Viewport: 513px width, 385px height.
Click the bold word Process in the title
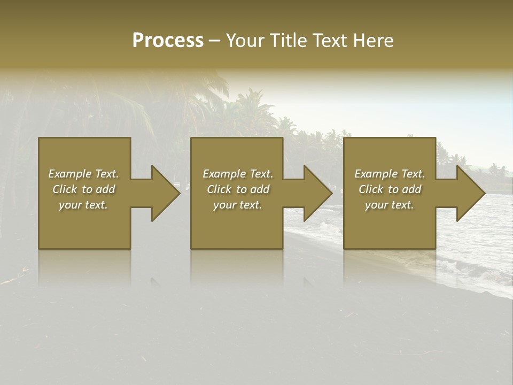tap(168, 41)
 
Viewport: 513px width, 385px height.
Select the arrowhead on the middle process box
tap(317, 193)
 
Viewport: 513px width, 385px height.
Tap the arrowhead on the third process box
tap(470, 193)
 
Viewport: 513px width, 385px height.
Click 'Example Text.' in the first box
tap(84, 174)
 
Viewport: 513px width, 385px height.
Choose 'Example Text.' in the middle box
tap(238, 174)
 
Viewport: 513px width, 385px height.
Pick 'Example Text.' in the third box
tap(390, 174)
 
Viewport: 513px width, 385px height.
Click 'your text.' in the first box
tap(84, 205)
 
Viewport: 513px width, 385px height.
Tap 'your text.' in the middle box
tap(238, 205)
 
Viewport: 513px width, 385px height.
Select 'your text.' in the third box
tap(390, 205)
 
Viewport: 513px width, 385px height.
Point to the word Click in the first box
tap(65, 189)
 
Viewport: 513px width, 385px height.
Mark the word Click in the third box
tap(371, 189)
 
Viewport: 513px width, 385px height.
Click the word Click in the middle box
tap(219, 189)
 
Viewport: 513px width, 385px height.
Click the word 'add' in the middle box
tap(260, 189)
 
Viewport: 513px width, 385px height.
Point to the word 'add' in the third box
tap(411, 189)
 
